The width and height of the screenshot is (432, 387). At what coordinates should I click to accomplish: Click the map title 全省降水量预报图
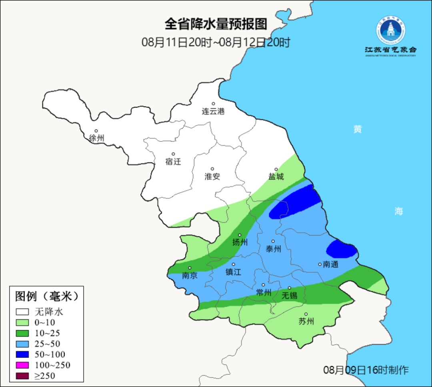coord(216,24)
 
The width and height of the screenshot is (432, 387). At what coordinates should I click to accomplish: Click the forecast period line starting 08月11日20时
coord(216,42)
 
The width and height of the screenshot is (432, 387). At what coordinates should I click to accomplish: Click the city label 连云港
coord(213,111)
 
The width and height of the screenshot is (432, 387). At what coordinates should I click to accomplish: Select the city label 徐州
coord(96,138)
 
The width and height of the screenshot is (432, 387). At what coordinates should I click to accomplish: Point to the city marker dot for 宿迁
coord(173,154)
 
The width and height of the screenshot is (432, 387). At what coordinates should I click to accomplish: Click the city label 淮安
coord(212,177)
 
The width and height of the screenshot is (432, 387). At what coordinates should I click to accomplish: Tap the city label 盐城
coord(276,177)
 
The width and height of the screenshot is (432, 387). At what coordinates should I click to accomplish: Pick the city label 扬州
coord(240,242)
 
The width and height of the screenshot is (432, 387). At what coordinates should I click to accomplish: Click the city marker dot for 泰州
coord(273,241)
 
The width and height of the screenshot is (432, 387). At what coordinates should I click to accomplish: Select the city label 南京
coord(190,276)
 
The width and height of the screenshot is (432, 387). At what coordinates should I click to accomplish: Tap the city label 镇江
coord(234,272)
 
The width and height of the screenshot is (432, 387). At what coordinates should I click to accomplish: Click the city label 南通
coord(330,264)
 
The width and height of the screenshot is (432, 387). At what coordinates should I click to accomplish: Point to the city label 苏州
coord(306,322)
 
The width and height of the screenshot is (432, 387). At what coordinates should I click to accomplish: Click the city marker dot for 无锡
coord(290,288)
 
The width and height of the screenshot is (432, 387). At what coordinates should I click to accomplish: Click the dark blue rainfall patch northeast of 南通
coord(341,250)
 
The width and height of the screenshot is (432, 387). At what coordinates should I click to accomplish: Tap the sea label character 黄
coord(358,129)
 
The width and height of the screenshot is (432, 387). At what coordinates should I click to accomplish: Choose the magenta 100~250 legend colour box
coord(22,365)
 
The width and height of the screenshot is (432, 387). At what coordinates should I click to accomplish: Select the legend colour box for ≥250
coord(22,376)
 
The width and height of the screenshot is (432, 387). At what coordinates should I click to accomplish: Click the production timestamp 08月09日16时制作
coord(366,370)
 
